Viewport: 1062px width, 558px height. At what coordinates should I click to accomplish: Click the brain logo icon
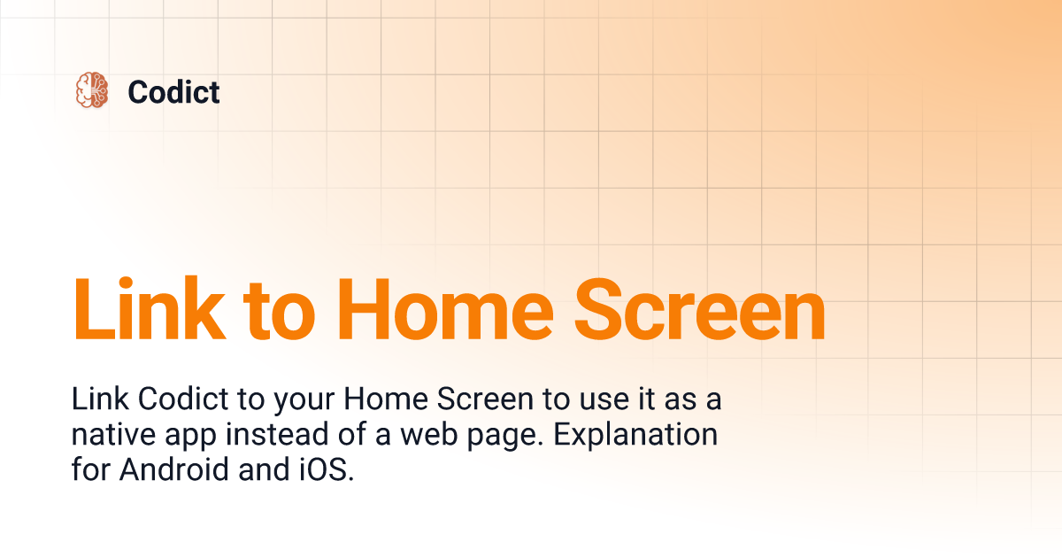(x=91, y=90)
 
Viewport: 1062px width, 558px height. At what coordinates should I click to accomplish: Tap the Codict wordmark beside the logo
(x=173, y=91)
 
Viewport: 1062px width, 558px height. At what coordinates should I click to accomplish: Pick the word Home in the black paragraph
(x=385, y=400)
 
